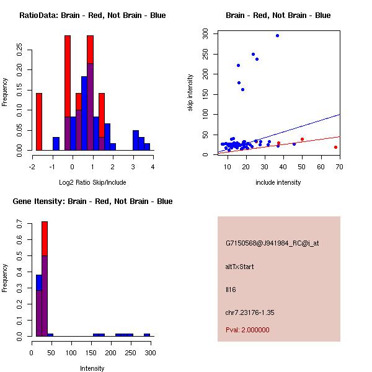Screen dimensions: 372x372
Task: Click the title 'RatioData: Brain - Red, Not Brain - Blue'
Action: [x=92, y=15]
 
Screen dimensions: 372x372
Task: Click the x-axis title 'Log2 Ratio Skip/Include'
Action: [x=92, y=182]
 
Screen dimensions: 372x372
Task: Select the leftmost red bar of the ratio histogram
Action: [x=39, y=122]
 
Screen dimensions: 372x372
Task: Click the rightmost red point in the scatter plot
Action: [x=335, y=147]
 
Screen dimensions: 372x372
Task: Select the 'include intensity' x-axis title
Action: [x=278, y=182]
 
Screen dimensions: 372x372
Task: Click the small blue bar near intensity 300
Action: [x=147, y=335]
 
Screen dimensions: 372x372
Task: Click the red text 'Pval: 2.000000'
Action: [x=247, y=330]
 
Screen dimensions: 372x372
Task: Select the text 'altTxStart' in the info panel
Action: [x=240, y=267]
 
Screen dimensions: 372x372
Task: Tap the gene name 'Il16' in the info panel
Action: [x=231, y=290]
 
